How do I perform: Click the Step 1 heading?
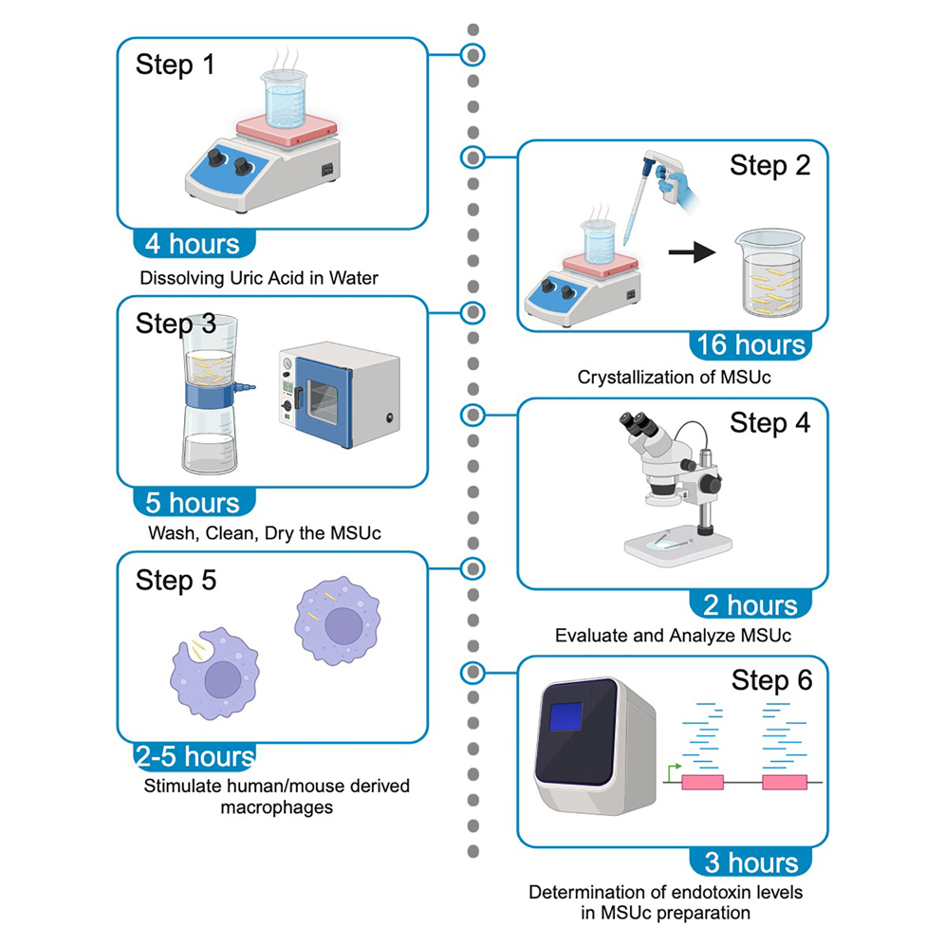point(176,65)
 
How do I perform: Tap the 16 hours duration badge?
point(751,344)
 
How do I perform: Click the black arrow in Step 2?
point(690,253)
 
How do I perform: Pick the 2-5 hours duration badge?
point(195,757)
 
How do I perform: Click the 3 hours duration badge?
point(751,862)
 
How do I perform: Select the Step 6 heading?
point(770,680)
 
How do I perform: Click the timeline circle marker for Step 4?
point(472,414)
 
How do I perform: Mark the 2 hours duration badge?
point(750,604)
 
